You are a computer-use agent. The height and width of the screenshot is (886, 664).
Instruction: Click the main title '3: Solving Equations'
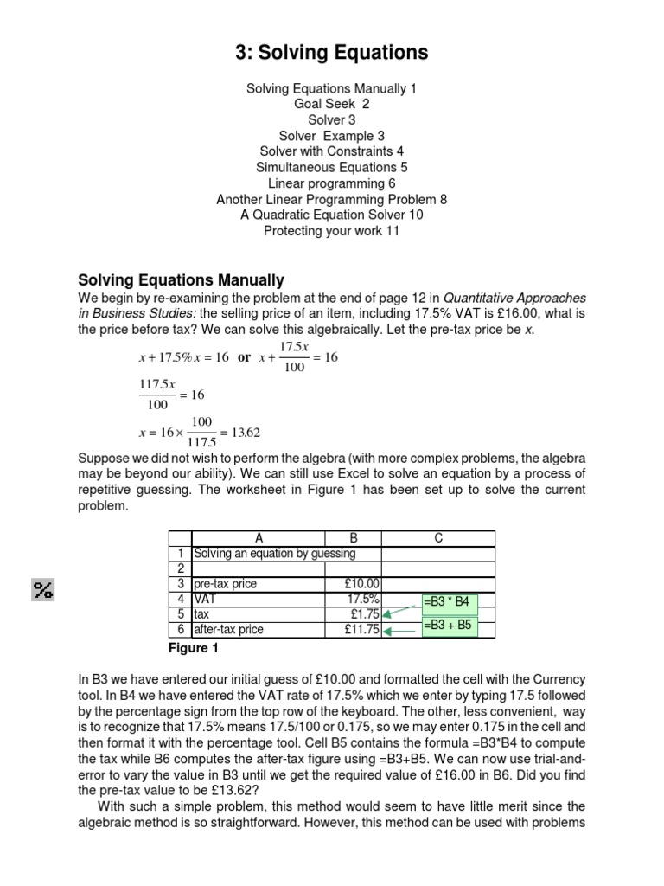331,53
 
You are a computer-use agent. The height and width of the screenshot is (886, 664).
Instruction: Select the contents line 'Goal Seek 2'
331,104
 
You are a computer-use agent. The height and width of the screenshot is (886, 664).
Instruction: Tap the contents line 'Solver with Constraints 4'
331,151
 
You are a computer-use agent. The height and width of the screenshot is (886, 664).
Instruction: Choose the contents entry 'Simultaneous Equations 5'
331,167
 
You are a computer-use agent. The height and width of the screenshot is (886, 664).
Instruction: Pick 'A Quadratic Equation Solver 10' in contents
331,215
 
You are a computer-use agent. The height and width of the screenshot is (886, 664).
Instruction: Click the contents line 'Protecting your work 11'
331,231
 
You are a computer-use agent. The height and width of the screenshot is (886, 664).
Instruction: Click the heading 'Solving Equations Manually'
181,280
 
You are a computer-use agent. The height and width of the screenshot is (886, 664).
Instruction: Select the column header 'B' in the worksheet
353,537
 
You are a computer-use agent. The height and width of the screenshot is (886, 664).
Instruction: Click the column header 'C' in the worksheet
438,537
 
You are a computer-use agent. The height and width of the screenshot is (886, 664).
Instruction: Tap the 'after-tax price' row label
231,630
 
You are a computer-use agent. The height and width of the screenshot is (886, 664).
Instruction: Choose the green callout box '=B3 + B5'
448,625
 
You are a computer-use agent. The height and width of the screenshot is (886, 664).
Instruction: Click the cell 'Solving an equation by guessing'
274,554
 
